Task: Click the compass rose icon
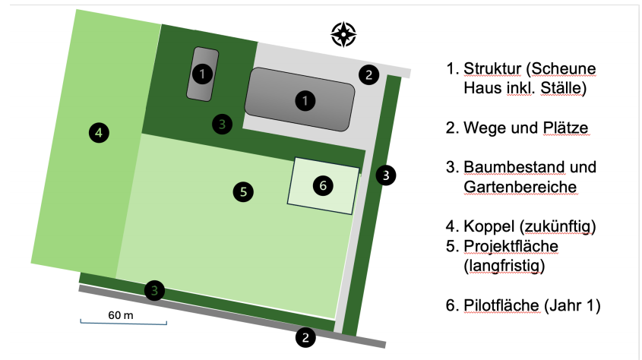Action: [x=343, y=33]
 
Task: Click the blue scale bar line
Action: [x=123, y=324]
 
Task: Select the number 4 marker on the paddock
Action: [x=98, y=133]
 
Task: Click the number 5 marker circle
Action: [x=242, y=191]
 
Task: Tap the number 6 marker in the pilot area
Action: [x=323, y=185]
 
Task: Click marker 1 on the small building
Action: [x=201, y=74]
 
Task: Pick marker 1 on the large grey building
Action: [x=304, y=100]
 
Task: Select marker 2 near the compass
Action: [x=368, y=74]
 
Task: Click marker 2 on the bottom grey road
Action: [x=305, y=337]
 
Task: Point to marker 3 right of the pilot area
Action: [x=386, y=175]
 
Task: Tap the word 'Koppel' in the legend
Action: [x=484, y=226]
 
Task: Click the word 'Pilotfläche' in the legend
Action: [x=501, y=305]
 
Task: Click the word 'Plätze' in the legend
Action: [x=566, y=128]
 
